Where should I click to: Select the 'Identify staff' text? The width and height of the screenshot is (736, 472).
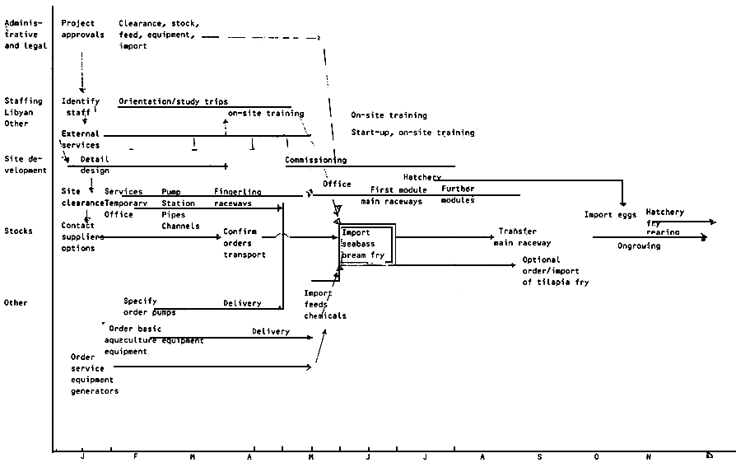(x=80, y=106)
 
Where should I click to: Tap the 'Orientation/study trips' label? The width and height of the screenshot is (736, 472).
(x=173, y=101)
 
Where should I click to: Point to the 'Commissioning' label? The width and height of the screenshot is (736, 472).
(x=315, y=160)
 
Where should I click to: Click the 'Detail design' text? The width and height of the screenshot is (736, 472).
(x=94, y=165)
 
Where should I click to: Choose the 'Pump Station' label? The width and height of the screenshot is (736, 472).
(x=178, y=197)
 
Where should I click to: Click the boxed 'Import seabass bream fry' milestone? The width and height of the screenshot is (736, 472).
(x=368, y=244)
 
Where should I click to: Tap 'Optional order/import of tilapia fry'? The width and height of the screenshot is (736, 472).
(x=555, y=271)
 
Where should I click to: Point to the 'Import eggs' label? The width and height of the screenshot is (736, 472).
(x=610, y=215)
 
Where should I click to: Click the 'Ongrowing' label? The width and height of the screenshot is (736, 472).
(x=638, y=245)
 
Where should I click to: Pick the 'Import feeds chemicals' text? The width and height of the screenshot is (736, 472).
(x=324, y=304)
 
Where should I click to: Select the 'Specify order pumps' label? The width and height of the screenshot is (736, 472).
(x=149, y=306)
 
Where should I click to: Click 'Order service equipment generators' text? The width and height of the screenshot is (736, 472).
(x=94, y=374)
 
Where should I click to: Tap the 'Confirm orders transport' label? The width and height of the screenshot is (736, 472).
(x=244, y=243)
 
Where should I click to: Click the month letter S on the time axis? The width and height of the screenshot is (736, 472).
(x=539, y=457)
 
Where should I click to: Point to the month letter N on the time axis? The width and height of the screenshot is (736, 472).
(x=648, y=457)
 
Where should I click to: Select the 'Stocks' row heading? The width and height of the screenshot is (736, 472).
(x=17, y=231)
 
